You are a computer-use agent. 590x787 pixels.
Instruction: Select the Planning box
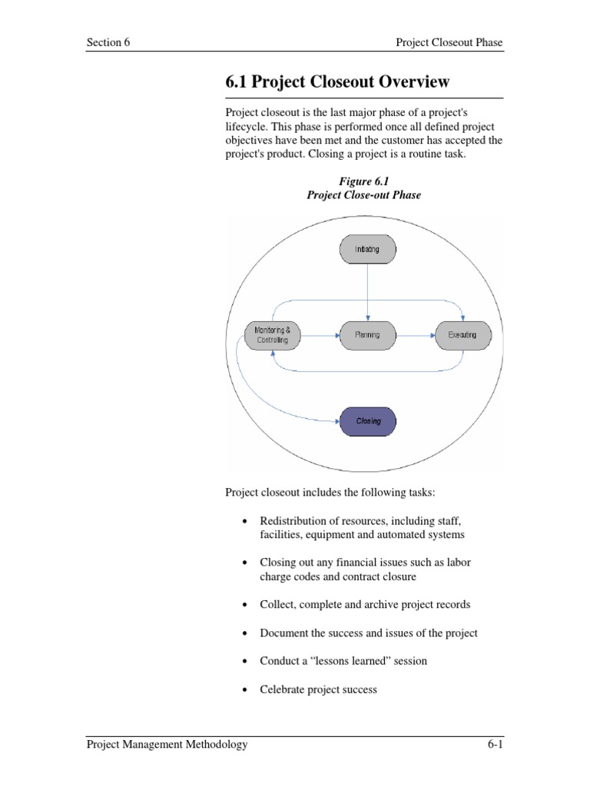[366, 335]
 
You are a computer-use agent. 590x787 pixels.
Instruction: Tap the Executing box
[462, 335]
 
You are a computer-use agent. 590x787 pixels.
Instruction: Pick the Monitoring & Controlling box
[272, 335]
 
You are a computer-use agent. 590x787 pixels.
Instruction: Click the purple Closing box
[368, 421]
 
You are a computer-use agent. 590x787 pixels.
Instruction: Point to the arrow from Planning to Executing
[414, 335]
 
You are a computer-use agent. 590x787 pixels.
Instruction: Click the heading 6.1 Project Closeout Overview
[337, 82]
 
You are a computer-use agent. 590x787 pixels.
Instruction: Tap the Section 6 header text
[108, 43]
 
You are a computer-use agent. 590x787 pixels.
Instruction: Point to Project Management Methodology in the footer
[167, 744]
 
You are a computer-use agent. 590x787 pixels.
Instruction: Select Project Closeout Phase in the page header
[449, 43]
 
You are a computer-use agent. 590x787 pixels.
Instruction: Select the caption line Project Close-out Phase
[363, 195]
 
